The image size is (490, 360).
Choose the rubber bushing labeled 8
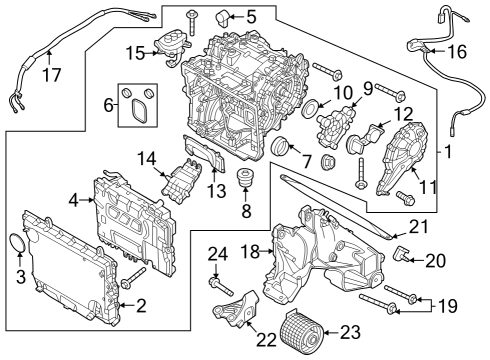pos(243,180)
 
